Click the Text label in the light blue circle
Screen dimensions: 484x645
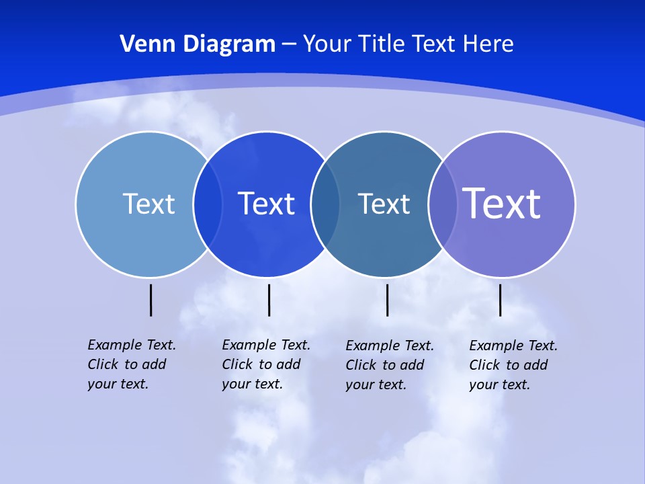tap(148, 204)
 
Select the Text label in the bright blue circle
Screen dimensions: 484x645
tap(267, 204)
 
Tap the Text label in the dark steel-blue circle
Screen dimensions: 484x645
tap(384, 204)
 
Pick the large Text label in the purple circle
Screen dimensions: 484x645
tap(502, 203)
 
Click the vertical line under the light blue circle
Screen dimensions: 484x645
tap(151, 300)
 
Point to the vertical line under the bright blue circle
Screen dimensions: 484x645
tap(269, 300)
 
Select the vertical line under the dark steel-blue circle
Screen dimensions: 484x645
tap(387, 300)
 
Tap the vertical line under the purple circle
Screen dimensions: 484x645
tap(501, 300)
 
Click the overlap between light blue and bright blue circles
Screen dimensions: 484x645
tap(208, 204)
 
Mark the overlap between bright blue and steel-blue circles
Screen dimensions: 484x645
tap(326, 204)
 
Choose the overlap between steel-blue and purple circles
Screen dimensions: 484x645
tap(443, 204)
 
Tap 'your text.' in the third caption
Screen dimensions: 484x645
tap(376, 385)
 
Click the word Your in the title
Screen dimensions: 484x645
tap(327, 44)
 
